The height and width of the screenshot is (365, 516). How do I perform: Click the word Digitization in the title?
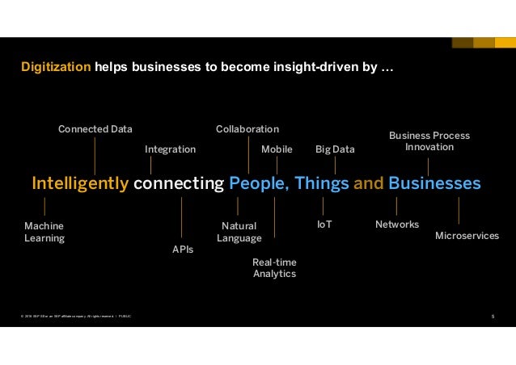(56, 69)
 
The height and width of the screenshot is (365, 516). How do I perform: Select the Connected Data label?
(95, 129)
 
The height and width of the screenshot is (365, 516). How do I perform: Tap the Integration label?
(170, 149)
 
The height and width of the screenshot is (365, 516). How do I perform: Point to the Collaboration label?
(247, 129)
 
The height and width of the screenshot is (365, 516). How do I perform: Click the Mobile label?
(277, 149)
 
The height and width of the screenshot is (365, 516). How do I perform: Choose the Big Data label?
(334, 149)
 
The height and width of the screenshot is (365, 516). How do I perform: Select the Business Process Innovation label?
(429, 141)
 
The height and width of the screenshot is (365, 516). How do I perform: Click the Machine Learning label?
(44, 232)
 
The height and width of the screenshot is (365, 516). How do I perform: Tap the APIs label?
(183, 250)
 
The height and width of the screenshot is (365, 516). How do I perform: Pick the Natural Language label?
(239, 232)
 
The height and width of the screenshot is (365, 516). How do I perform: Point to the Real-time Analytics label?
(274, 267)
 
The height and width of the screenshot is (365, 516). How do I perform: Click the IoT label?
(324, 224)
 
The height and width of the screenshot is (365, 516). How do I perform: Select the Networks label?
(397, 224)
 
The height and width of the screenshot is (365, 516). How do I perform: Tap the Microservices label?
(467, 235)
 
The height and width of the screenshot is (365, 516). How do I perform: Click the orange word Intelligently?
(80, 183)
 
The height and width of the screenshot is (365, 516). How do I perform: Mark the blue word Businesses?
(434, 183)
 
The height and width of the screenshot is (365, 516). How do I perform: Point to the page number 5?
(493, 316)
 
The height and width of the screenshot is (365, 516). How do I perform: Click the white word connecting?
(178, 183)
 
